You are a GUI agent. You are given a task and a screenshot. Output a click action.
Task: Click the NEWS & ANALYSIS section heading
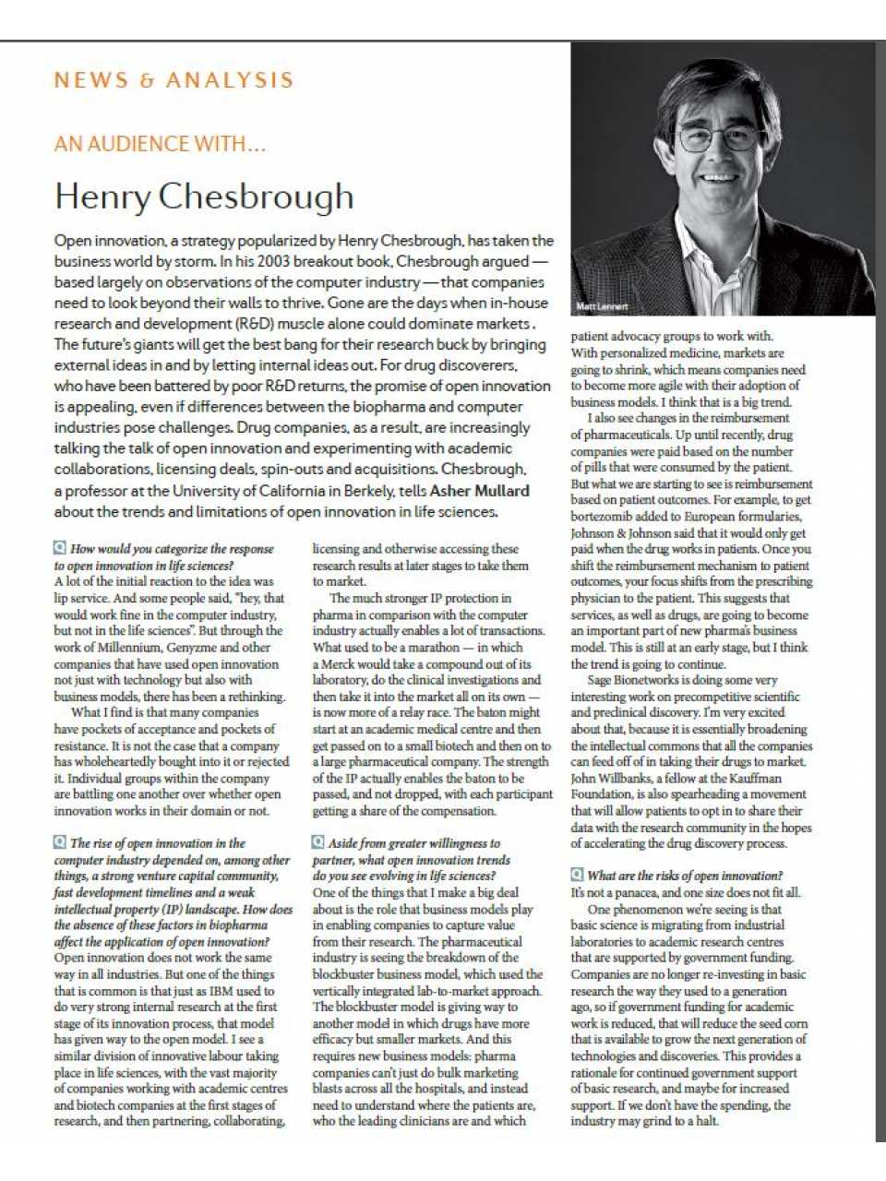pyautogui.click(x=174, y=80)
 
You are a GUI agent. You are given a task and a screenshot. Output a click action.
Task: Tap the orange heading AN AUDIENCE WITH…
pyautogui.click(x=160, y=144)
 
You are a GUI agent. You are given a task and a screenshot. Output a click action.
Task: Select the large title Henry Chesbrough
pyautogui.click(x=204, y=197)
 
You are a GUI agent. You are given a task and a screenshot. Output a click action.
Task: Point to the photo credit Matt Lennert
pyautogui.click(x=602, y=306)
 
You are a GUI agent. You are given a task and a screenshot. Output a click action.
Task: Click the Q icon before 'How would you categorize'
pyautogui.click(x=60, y=548)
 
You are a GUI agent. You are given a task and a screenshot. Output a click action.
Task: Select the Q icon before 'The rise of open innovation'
pyautogui.click(x=60, y=842)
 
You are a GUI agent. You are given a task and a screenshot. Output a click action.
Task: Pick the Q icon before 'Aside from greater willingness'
pyautogui.click(x=318, y=842)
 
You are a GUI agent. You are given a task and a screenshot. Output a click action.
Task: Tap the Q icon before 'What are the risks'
pyautogui.click(x=577, y=875)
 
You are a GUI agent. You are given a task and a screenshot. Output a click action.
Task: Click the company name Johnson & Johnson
pyautogui.click(x=620, y=533)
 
